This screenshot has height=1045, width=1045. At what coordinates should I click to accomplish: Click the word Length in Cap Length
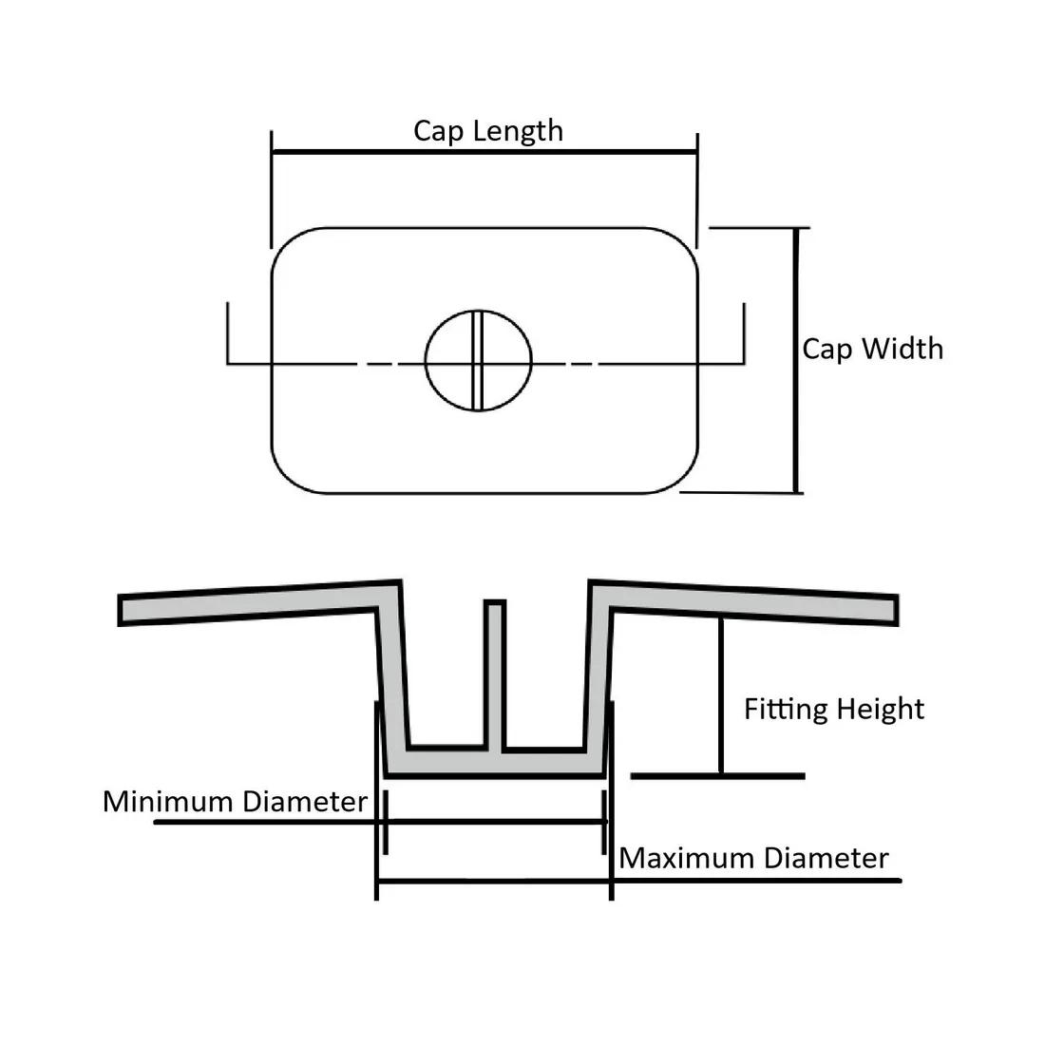pyautogui.click(x=517, y=131)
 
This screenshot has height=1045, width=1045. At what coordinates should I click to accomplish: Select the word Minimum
pyautogui.click(x=168, y=802)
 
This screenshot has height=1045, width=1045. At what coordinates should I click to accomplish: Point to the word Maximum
pyautogui.click(x=687, y=859)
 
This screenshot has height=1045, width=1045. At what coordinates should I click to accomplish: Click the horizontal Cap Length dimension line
pyautogui.click(x=484, y=152)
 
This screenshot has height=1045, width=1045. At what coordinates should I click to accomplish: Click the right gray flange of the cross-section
pyautogui.click(x=750, y=602)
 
